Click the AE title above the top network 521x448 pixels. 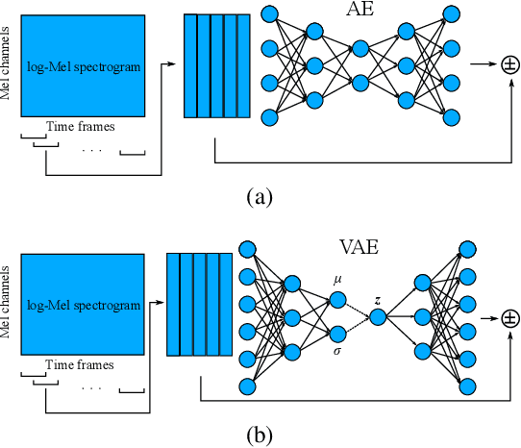tap(360, 12)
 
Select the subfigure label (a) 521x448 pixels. tap(259, 198)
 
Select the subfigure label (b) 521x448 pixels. tap(259, 436)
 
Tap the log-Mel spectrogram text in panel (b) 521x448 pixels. tap(83, 305)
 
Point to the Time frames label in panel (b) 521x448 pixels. tap(82, 365)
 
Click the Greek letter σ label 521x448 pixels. tap(337, 353)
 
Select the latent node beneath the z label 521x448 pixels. tap(378, 315)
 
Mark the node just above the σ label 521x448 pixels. tap(337, 334)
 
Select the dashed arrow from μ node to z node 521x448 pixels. tap(358, 306)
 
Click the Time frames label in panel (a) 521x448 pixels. tap(82, 127)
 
